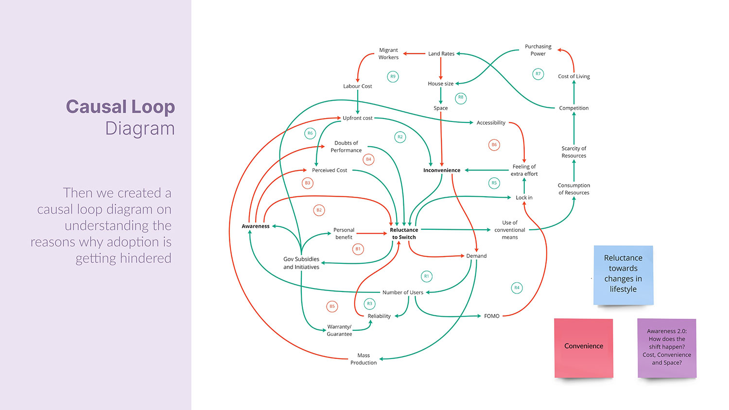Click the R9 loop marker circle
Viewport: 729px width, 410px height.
(x=393, y=76)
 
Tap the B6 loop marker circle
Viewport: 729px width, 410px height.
(x=494, y=145)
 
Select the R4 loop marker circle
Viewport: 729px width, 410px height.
(x=517, y=288)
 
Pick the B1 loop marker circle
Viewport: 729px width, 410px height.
(x=358, y=249)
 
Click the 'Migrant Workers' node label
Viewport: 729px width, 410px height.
(x=388, y=53)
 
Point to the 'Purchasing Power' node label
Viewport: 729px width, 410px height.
(x=538, y=50)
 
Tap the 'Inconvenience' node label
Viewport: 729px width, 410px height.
(x=441, y=171)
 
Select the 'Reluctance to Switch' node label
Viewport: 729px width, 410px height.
(x=404, y=234)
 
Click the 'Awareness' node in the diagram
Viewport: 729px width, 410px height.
(x=255, y=226)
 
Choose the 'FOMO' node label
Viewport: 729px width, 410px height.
(x=491, y=316)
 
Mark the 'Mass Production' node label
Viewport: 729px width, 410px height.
(x=364, y=359)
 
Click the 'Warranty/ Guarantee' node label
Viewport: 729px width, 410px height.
(x=339, y=330)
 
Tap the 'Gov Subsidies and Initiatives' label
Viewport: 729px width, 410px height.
(x=301, y=263)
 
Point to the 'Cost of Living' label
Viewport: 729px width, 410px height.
(x=573, y=76)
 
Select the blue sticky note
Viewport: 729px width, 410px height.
(x=623, y=275)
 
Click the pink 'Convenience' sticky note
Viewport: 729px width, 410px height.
(x=583, y=347)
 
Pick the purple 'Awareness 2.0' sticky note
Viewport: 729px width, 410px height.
(x=667, y=347)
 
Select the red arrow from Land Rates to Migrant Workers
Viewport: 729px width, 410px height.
(x=415, y=53)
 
